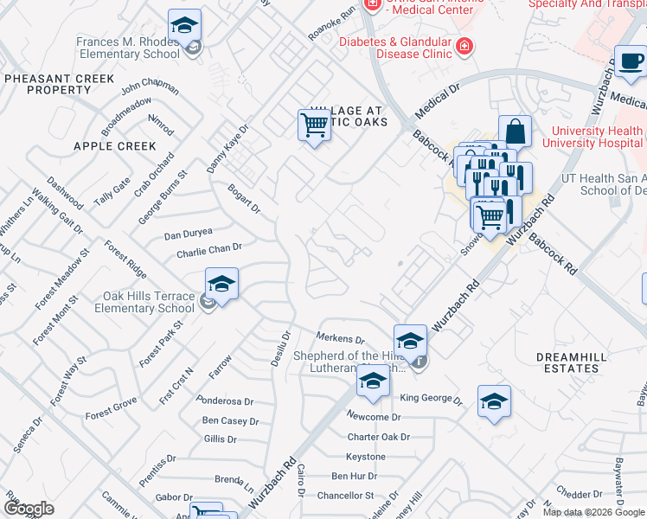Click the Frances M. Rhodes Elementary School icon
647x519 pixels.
pyautogui.click(x=184, y=27)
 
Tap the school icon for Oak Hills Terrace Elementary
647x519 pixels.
pyautogui.click(x=221, y=285)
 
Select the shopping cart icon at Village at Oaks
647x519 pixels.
pyautogui.click(x=314, y=125)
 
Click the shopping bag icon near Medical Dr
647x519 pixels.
pyautogui.click(x=515, y=132)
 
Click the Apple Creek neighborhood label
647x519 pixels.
pyautogui.click(x=115, y=146)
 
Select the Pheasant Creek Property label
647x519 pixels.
pyautogui.click(x=59, y=84)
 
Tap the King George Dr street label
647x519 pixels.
pyautogui.click(x=432, y=400)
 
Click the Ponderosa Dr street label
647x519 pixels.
pyautogui.click(x=225, y=401)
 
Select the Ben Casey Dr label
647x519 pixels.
pyautogui.click(x=230, y=421)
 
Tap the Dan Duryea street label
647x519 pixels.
pyautogui.click(x=189, y=234)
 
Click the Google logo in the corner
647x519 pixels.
pyautogui.click(x=29, y=509)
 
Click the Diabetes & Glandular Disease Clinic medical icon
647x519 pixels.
pyautogui.click(x=464, y=46)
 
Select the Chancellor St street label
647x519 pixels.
pyautogui.click(x=344, y=496)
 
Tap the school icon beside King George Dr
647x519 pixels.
pyautogui.click(x=494, y=402)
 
